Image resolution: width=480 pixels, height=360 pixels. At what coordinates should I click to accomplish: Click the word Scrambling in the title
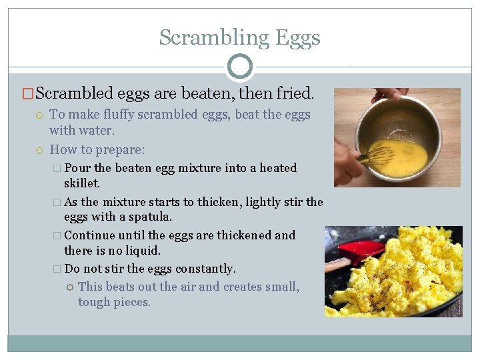pos(203,38)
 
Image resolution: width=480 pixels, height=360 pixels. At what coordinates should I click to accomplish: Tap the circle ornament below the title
pos(240,67)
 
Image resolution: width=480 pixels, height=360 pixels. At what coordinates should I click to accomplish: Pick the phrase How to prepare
pos(97,149)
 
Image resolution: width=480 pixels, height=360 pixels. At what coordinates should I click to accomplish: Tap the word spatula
pos(151,217)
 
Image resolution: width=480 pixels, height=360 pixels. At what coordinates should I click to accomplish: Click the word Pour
pos(78,167)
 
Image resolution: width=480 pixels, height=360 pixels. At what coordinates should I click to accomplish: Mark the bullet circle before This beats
pos(69,287)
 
